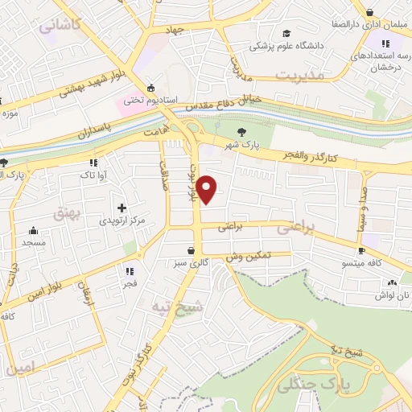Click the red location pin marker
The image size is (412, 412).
click(208, 188)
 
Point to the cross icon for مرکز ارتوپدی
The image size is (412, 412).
click(122, 208)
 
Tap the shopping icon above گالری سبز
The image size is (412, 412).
click(191, 250)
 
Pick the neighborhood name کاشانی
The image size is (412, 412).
click(60, 25)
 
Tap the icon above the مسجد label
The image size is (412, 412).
click(33, 230)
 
